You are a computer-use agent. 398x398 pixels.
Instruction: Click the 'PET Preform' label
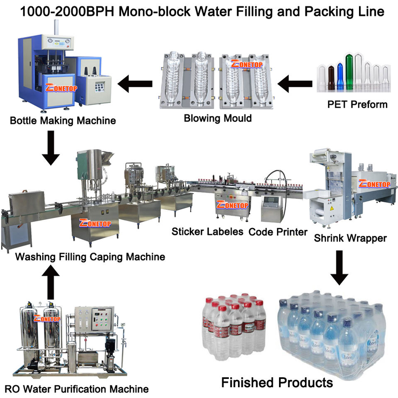(x=357, y=104)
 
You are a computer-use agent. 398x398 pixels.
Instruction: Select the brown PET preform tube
(x=331, y=77)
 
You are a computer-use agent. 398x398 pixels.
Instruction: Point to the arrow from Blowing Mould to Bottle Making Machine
(x=135, y=85)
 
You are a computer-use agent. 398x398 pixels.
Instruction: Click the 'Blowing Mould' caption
(x=218, y=119)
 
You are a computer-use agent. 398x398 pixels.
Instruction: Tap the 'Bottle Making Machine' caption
(x=63, y=121)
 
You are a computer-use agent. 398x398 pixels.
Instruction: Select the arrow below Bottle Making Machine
(x=51, y=148)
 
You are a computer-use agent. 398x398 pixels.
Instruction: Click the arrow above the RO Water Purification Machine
(x=51, y=282)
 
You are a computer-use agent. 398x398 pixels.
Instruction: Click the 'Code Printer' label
(x=278, y=232)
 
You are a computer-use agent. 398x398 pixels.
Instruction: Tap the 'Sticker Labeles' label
(x=207, y=231)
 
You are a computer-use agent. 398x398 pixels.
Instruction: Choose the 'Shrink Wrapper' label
(x=350, y=238)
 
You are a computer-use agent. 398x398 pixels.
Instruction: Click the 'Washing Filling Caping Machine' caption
(x=90, y=257)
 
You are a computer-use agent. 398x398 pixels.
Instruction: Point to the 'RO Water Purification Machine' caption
(x=76, y=389)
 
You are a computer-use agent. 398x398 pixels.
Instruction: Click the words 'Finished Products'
(x=277, y=382)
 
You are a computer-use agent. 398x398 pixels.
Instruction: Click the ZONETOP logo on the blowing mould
(x=247, y=64)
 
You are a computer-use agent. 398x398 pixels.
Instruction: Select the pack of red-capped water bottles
(x=235, y=323)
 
